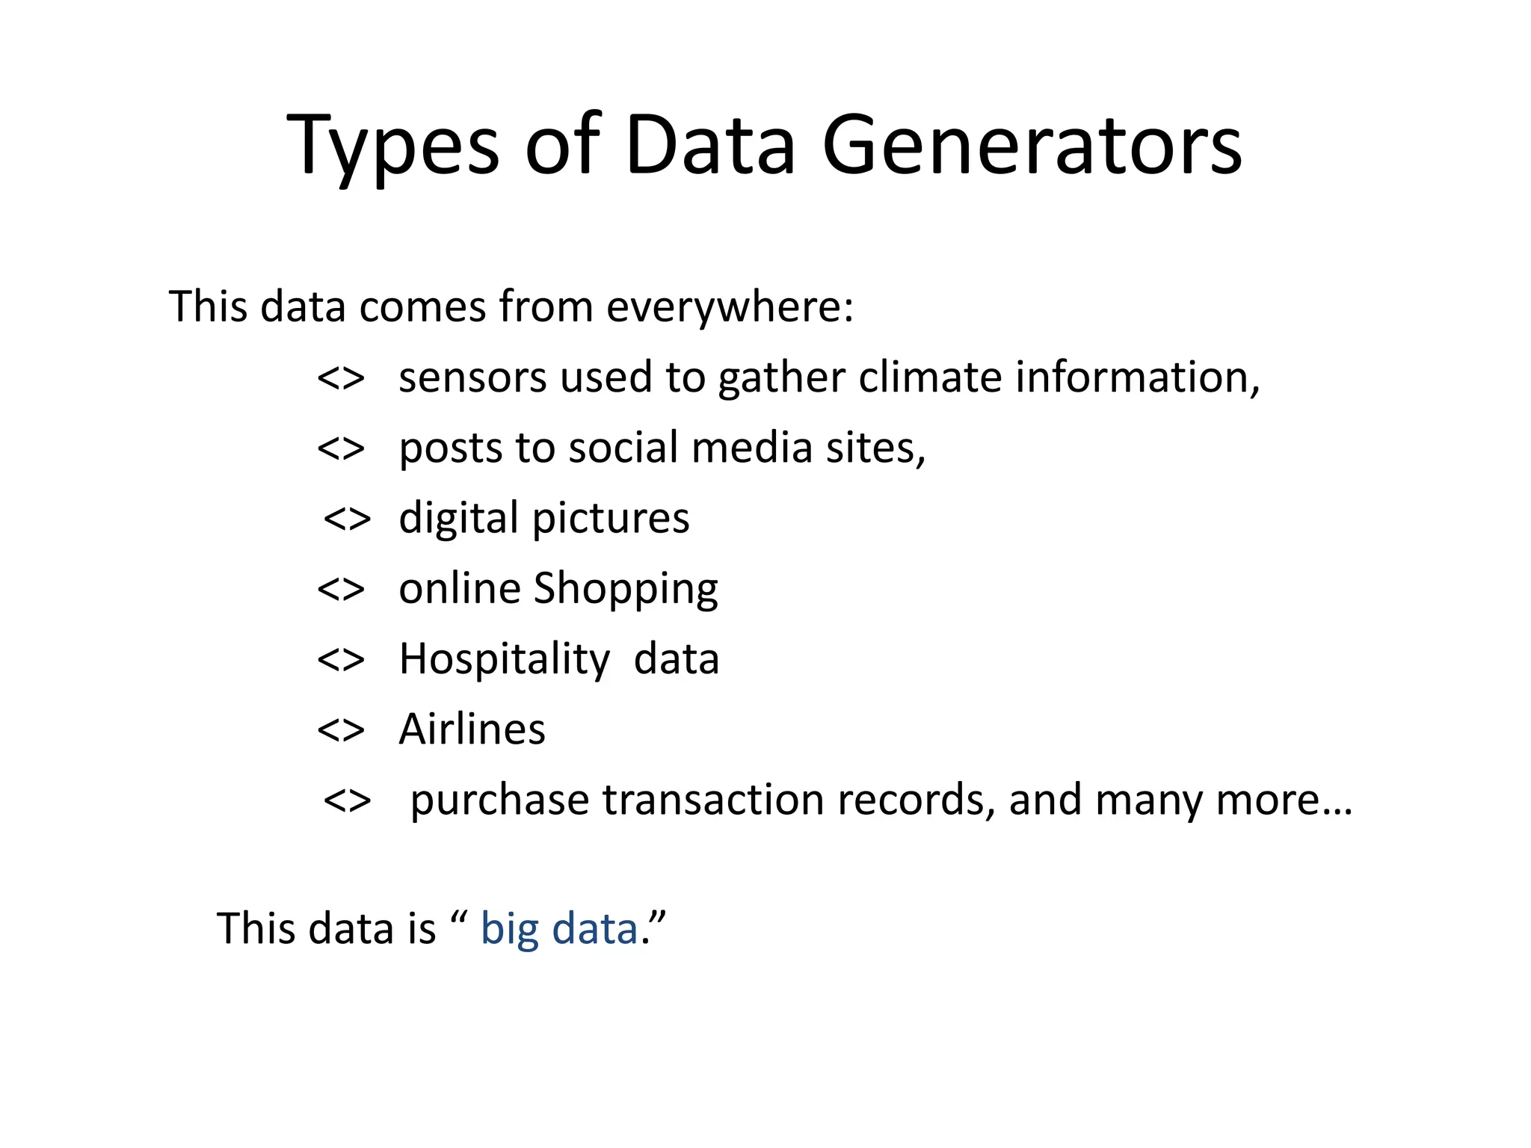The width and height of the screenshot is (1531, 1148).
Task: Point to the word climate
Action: click(930, 377)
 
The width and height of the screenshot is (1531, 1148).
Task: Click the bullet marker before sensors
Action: click(341, 378)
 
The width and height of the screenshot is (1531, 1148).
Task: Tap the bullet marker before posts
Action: click(341, 448)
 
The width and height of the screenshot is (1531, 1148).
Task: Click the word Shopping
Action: click(626, 589)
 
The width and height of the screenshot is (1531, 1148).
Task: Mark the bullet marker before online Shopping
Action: click(341, 590)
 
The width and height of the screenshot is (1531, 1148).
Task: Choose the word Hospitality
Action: click(505, 659)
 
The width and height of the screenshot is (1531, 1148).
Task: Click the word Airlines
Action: click(472, 729)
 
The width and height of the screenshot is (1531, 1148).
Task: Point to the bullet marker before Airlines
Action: click(341, 730)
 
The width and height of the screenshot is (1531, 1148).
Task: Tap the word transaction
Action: click(713, 800)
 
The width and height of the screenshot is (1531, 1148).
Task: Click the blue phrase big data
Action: click(558, 929)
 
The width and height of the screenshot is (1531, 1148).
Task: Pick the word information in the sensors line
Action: click(1136, 377)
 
